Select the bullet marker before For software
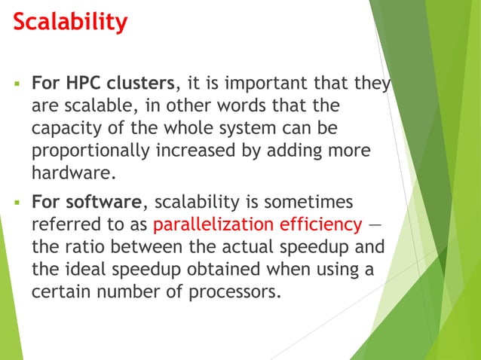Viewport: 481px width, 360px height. (x=15, y=203)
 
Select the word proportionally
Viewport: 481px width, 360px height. (x=90, y=151)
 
